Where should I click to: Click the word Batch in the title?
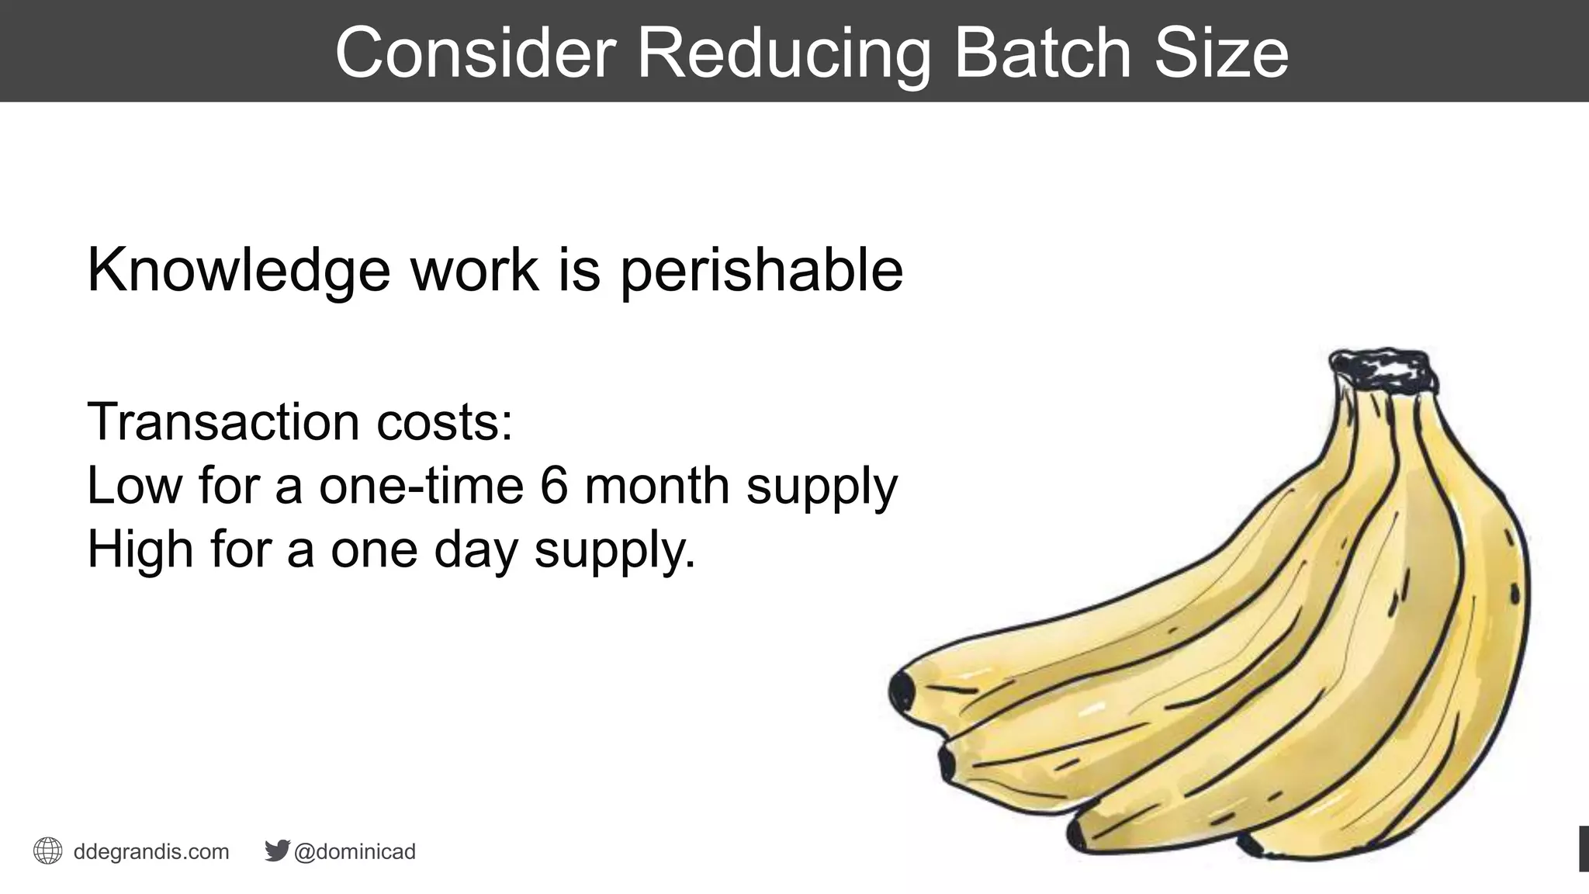tap(1042, 53)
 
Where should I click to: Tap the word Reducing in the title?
tap(783, 53)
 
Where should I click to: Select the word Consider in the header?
tap(475, 53)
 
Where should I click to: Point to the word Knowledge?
tap(238, 270)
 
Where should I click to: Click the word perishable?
tap(761, 270)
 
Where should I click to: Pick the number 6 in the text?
tap(554, 485)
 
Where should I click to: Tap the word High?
tap(140, 549)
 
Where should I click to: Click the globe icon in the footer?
tap(48, 851)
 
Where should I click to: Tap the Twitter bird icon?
tap(277, 851)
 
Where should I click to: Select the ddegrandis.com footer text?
tap(151, 851)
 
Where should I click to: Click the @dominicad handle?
tap(355, 851)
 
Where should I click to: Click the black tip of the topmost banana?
tap(902, 691)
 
